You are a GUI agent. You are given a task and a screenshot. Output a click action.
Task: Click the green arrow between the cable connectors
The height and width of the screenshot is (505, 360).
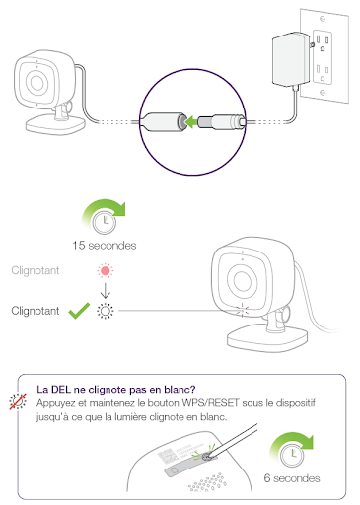191,122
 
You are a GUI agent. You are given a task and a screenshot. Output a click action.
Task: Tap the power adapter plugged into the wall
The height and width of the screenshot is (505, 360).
291,59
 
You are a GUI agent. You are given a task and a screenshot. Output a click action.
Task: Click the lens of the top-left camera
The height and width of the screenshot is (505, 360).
36,82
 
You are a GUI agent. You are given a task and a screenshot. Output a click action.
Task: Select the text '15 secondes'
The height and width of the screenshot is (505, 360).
105,246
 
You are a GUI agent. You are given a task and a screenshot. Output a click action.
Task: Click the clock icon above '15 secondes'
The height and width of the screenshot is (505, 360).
105,221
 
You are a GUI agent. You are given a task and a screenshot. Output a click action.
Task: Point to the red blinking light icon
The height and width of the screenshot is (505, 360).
106,271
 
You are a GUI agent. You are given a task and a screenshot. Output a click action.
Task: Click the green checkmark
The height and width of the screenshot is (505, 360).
79,311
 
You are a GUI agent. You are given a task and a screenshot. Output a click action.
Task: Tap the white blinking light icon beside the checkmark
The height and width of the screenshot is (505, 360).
106,311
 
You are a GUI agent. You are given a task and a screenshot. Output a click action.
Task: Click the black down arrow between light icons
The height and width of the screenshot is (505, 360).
106,291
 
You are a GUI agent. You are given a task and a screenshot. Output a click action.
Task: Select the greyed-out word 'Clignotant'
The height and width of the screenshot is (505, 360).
36,270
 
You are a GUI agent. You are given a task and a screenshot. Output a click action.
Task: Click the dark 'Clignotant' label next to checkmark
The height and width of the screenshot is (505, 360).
36,311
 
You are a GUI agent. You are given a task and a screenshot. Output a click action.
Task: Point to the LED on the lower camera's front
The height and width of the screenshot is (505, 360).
242,311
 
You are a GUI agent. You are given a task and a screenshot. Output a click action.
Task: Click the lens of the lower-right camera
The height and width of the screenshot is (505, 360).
242,281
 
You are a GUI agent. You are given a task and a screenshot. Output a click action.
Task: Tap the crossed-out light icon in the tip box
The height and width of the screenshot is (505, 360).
18,401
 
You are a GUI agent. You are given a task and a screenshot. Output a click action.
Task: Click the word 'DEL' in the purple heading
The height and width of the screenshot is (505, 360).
61,390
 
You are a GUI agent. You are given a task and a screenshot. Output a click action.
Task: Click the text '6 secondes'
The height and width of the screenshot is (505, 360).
292,478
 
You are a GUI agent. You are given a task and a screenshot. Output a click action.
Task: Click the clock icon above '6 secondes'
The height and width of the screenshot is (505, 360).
292,456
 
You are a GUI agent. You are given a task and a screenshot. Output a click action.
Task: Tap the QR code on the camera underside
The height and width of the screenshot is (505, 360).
167,457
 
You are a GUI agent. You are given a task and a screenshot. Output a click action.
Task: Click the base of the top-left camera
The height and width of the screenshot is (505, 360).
56,125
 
